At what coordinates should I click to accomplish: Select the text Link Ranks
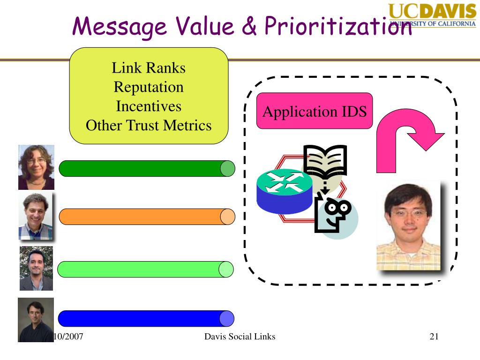[x=149, y=68]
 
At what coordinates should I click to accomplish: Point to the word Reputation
[x=149, y=87]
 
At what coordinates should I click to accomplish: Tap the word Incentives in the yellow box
[x=149, y=106]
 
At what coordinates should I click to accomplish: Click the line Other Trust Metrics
[x=149, y=126]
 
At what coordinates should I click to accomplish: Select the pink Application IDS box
[x=315, y=111]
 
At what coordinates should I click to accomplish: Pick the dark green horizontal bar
[x=145, y=168]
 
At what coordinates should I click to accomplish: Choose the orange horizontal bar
[x=145, y=217]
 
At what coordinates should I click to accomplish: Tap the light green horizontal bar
[x=145, y=269]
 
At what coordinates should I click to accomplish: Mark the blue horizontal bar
[x=145, y=318]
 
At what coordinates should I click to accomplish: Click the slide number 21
[x=434, y=337]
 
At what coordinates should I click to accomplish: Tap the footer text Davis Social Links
[x=240, y=337]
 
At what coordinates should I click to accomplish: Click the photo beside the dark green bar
[x=36, y=167]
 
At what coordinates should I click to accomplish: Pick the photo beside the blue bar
[x=36, y=319]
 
